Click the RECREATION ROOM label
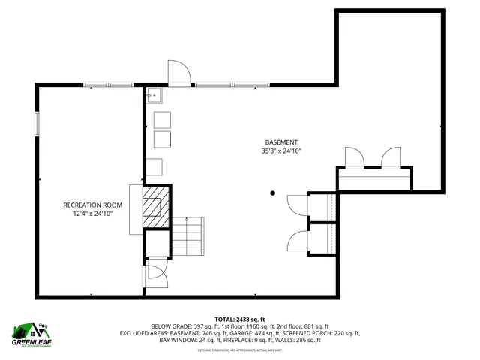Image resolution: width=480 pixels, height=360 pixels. pos(92,205)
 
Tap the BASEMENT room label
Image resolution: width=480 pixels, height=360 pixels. pos(281,142)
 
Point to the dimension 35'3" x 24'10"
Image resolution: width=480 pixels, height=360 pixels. pos(281,151)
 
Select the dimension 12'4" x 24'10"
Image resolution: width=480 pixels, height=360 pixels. pos(92,214)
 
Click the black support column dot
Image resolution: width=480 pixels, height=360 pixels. pos(272,193)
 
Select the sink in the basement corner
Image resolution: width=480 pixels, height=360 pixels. pos(154,94)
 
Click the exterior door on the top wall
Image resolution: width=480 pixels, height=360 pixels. pos(178,73)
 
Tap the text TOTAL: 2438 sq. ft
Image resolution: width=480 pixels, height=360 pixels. pos(240,319)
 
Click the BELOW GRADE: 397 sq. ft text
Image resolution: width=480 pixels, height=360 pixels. pos(179,326)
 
